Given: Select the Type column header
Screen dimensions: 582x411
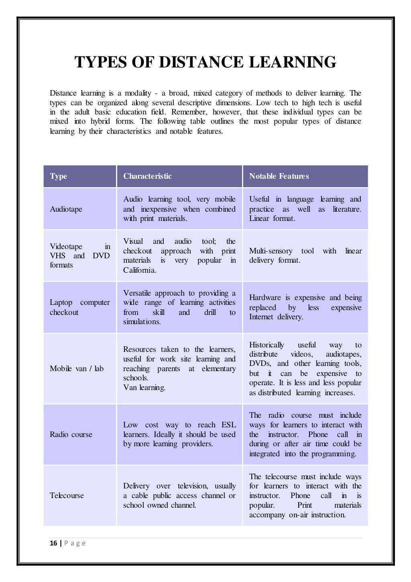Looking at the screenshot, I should tap(59, 176).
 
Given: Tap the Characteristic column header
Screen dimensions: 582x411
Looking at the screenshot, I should tap(147, 176).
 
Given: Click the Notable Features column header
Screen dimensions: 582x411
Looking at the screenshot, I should tap(279, 176).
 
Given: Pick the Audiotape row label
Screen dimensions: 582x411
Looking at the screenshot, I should tap(66, 209).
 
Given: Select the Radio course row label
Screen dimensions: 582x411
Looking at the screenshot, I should tap(71, 435).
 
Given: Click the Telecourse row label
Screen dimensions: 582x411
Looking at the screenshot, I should tap(67, 496).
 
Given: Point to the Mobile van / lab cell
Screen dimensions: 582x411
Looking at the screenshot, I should tap(77, 369).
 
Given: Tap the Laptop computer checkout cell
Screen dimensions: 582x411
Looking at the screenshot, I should tap(79, 307).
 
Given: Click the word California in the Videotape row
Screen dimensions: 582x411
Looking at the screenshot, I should tap(139, 270).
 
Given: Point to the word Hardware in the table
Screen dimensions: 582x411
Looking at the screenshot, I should tap(265, 298).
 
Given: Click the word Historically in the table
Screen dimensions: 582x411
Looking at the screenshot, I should tap(267, 345).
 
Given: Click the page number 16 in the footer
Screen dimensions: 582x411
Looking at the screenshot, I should tap(53, 543).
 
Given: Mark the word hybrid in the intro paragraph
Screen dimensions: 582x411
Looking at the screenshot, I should tap(101, 121).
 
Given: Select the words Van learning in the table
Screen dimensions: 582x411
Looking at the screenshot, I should tap(144, 388).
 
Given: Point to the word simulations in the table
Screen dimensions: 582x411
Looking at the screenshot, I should tap(142, 322).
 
